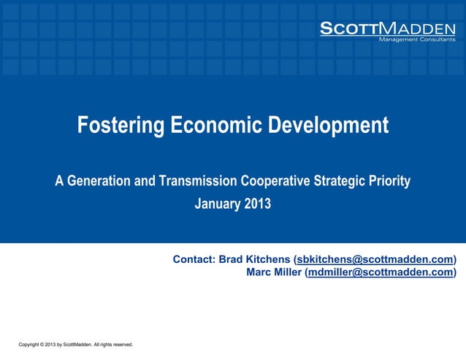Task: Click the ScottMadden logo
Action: pos(387,28)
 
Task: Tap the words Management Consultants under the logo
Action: pos(416,39)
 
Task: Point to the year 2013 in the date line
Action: pos(257,204)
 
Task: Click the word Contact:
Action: pos(194,260)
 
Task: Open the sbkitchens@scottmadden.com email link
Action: pos(375,260)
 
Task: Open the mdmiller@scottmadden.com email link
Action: pos(381,273)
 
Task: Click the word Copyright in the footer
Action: pos(30,344)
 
